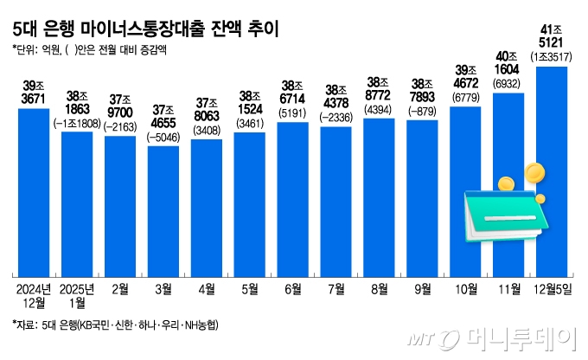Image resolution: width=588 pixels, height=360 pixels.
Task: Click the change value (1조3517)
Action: [x=552, y=57]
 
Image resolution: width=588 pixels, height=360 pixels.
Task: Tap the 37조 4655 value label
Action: [x=163, y=118]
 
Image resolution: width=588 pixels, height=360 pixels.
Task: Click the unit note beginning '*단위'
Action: [x=90, y=49]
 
